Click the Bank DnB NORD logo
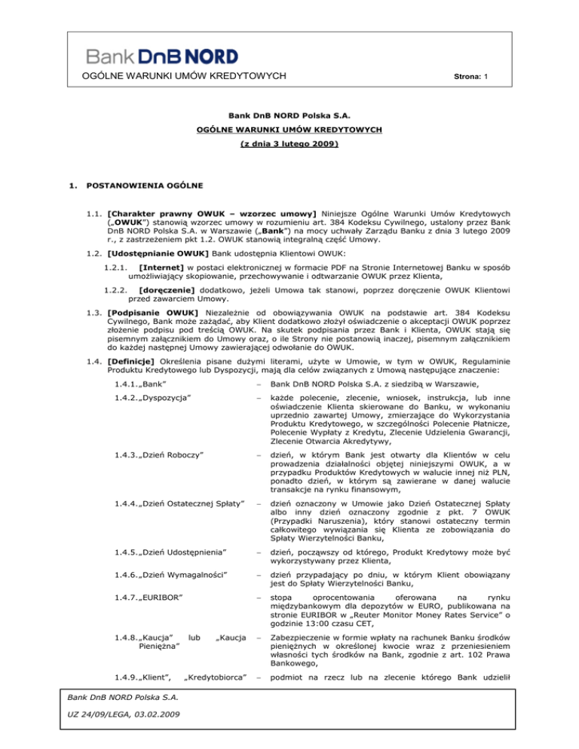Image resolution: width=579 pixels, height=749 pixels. pos(162,56)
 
